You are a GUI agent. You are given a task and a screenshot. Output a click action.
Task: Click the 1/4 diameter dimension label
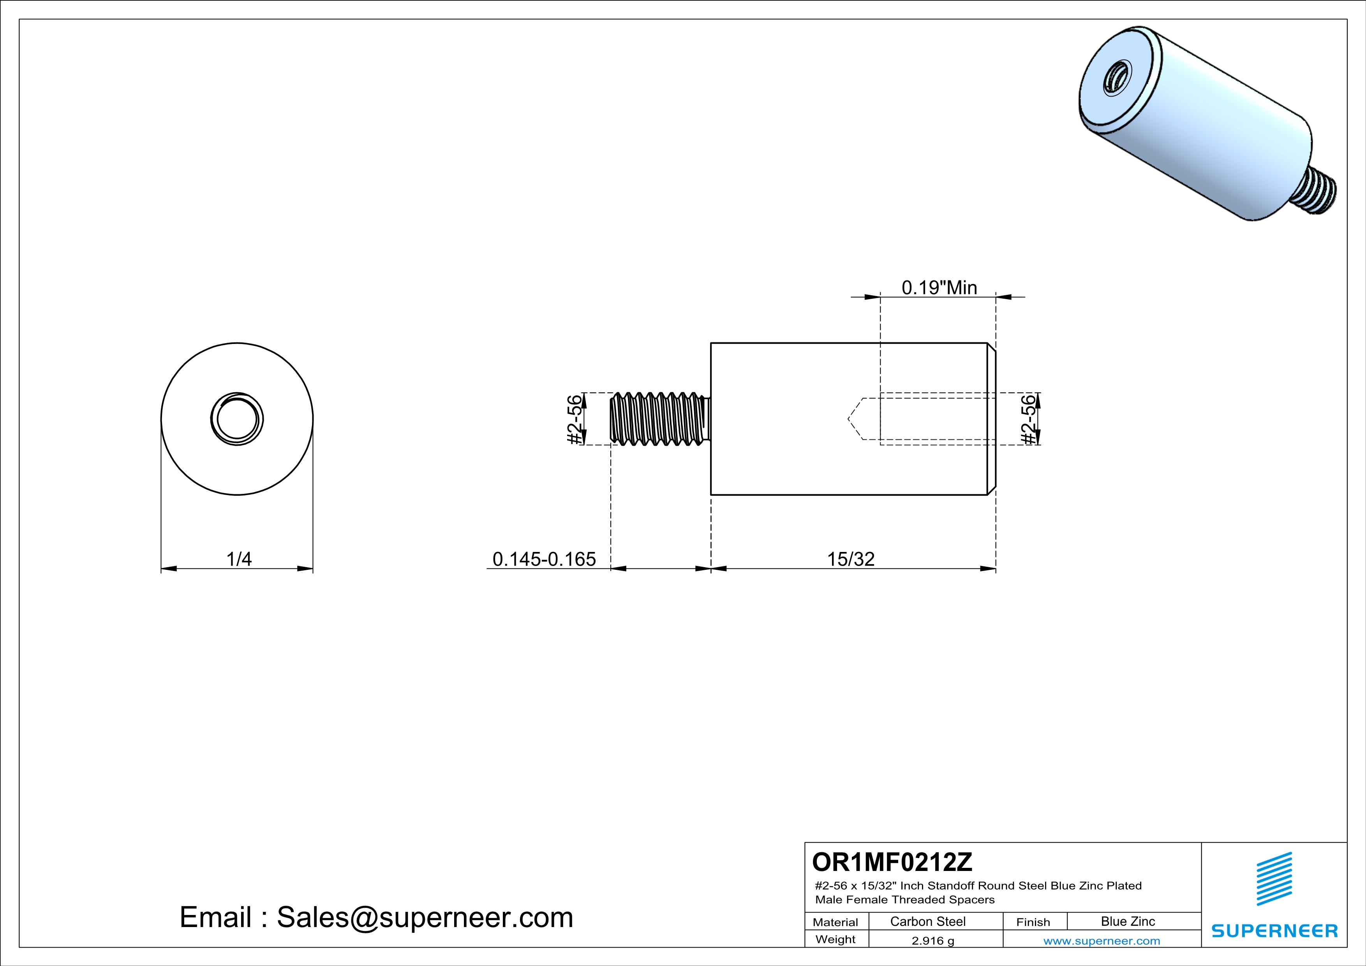coord(239,559)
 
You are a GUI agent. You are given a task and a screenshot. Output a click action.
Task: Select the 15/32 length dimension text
coord(851,559)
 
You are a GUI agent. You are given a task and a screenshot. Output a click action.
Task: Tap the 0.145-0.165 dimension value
coord(544,559)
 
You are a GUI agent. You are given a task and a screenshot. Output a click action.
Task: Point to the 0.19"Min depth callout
coord(939,288)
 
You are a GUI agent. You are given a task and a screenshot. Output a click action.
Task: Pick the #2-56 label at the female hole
coord(1028,420)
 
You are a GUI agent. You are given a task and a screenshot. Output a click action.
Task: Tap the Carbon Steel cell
coord(927,921)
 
